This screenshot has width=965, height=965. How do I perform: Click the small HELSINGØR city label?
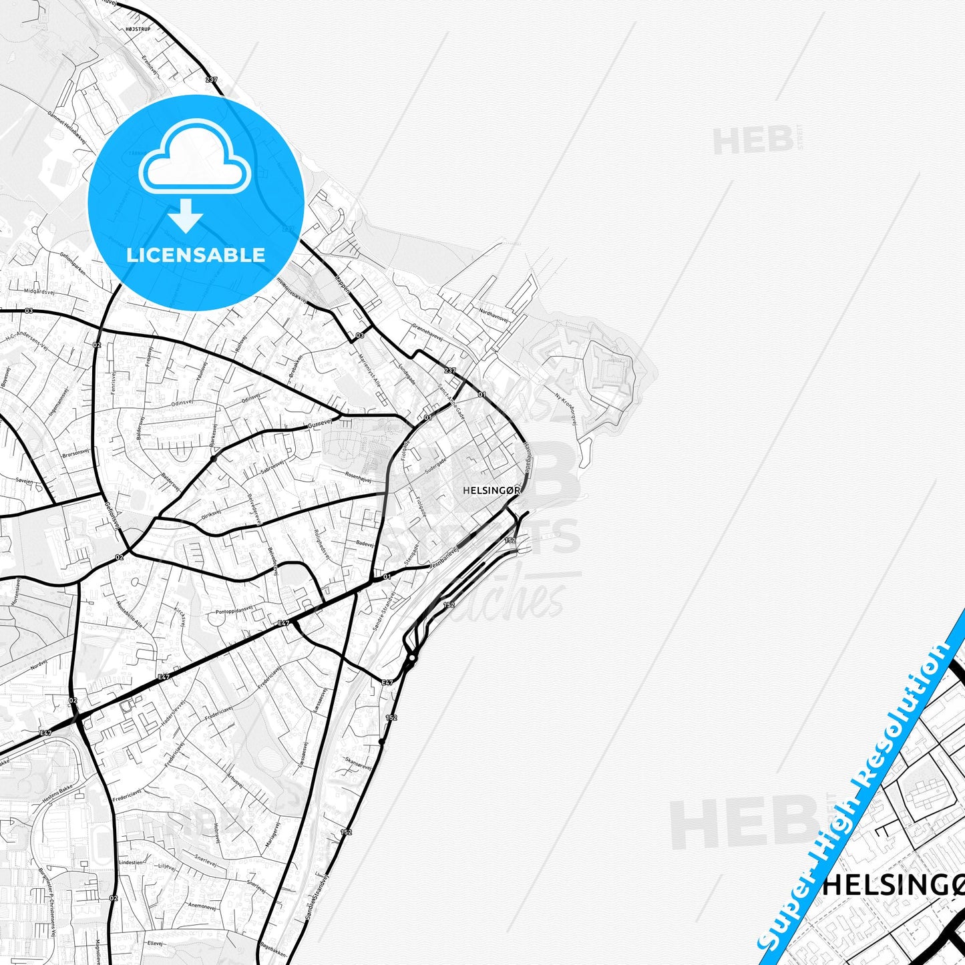pos(491,490)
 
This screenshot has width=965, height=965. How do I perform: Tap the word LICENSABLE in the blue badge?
pos(196,254)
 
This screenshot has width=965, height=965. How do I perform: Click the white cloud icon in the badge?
pos(194,158)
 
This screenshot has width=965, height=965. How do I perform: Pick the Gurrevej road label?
pos(320,425)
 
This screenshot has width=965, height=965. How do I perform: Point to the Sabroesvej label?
pos(272,466)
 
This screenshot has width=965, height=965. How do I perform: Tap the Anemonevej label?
pos(202,906)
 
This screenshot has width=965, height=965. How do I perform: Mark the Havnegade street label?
pos(527,457)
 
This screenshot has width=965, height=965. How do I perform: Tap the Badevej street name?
pos(365,544)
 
